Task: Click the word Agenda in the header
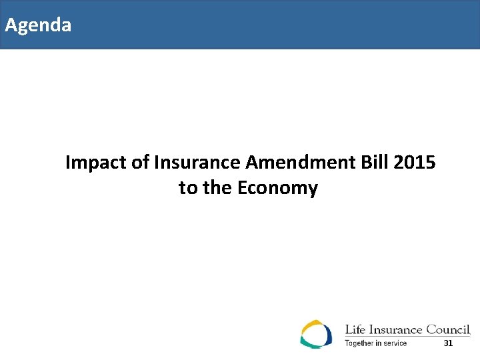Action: click(38, 26)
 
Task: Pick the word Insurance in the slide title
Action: click(198, 162)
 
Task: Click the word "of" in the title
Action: click(140, 162)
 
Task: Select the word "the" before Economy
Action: click(216, 188)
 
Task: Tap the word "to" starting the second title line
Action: click(188, 188)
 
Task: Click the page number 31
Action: click(448, 343)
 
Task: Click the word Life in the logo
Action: click(354, 329)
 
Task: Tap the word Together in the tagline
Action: click(358, 343)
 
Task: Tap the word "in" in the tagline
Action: click(378, 343)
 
